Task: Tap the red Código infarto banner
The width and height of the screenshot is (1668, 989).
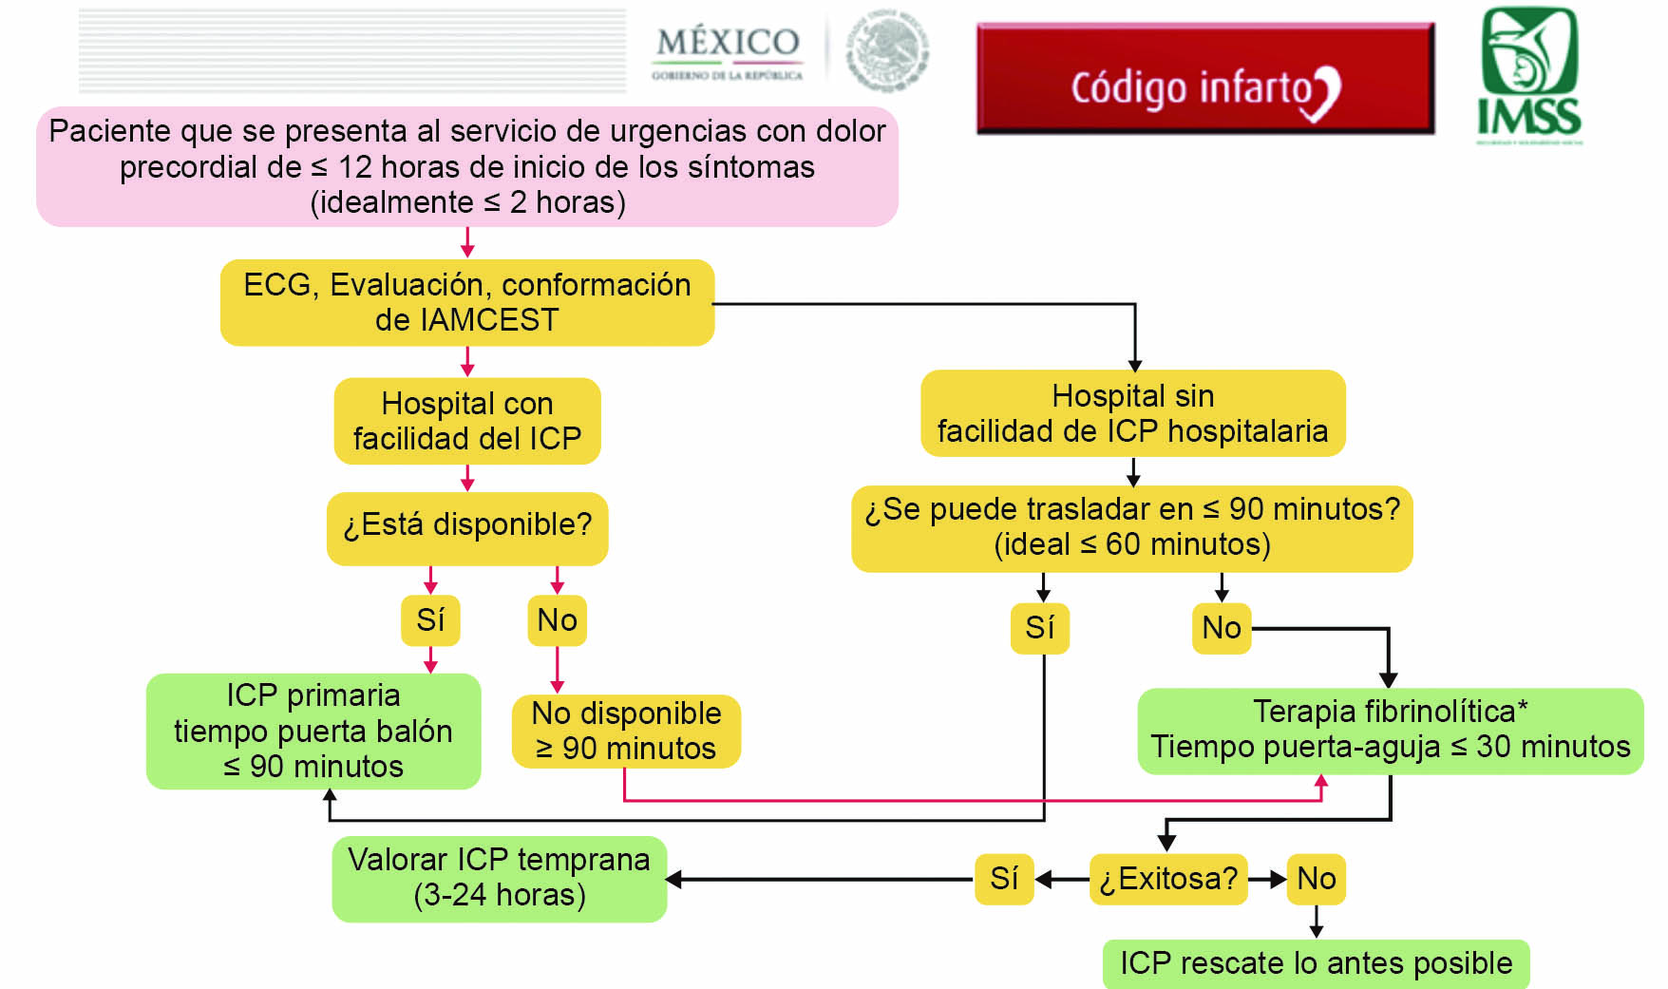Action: (1204, 80)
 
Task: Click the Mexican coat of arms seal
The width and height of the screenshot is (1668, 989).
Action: (887, 49)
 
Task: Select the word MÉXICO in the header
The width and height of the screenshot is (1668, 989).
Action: (728, 42)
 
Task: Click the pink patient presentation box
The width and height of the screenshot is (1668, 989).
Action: (467, 166)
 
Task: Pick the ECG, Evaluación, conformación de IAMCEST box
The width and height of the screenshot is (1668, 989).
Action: (467, 302)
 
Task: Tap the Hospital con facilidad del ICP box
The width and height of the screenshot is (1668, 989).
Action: (467, 421)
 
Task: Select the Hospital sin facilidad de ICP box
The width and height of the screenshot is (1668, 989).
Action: (1132, 413)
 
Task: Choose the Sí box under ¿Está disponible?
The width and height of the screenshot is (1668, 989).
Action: (430, 620)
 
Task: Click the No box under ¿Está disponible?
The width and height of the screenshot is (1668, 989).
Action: (557, 620)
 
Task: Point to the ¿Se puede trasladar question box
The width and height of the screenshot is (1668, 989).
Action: (1131, 527)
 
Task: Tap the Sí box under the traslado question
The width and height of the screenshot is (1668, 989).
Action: (1039, 628)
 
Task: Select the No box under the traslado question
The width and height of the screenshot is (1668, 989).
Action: (1222, 628)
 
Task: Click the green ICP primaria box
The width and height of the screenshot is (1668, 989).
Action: (313, 731)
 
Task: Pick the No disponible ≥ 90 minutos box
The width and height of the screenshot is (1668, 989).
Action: (626, 731)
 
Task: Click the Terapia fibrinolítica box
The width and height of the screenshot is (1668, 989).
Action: (1390, 730)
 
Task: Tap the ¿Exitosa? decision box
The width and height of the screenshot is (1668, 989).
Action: (1167, 879)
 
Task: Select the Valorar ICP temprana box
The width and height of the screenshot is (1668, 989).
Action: (499, 878)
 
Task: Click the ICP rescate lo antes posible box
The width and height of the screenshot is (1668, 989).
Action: (1316, 963)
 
